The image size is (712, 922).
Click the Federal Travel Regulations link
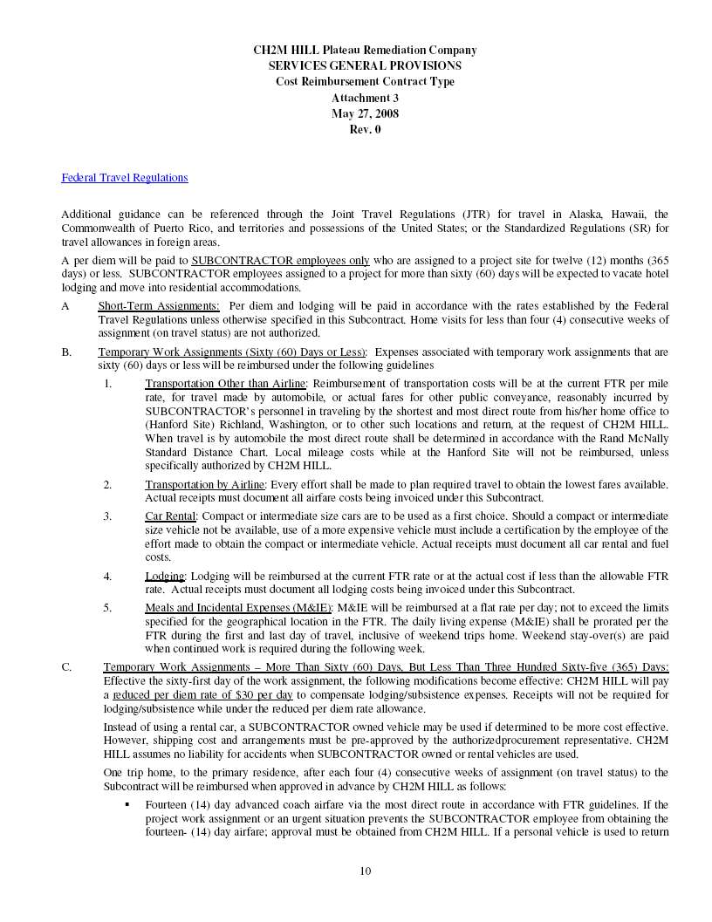click(x=124, y=178)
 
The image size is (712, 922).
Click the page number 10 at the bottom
click(x=366, y=871)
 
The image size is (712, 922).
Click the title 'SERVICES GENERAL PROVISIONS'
click(x=365, y=66)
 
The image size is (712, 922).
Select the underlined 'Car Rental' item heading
click(x=170, y=516)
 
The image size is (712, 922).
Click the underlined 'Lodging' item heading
click(x=165, y=577)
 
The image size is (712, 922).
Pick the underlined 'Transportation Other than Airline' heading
click(x=225, y=384)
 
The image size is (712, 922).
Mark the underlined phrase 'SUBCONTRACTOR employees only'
click(x=280, y=260)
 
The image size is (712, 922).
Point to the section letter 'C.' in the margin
click(x=66, y=667)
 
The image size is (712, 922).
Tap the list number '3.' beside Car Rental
click(x=107, y=516)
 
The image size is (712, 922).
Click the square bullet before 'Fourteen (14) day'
click(x=127, y=804)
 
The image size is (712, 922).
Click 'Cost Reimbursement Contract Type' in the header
click(x=365, y=82)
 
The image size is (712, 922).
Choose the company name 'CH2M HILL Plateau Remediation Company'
click(x=365, y=51)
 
